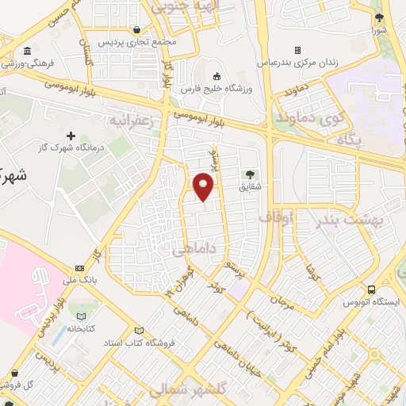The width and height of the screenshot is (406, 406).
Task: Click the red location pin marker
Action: click(204, 186)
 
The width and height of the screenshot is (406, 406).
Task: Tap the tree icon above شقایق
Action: click(251, 174)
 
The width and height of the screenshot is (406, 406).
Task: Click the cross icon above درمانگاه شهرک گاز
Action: click(72, 136)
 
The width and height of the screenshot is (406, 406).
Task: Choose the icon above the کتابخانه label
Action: click(79, 311)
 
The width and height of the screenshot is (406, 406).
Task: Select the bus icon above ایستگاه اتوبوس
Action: click(372, 289)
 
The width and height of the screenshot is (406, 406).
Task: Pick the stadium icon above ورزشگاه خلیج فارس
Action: click(217, 76)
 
